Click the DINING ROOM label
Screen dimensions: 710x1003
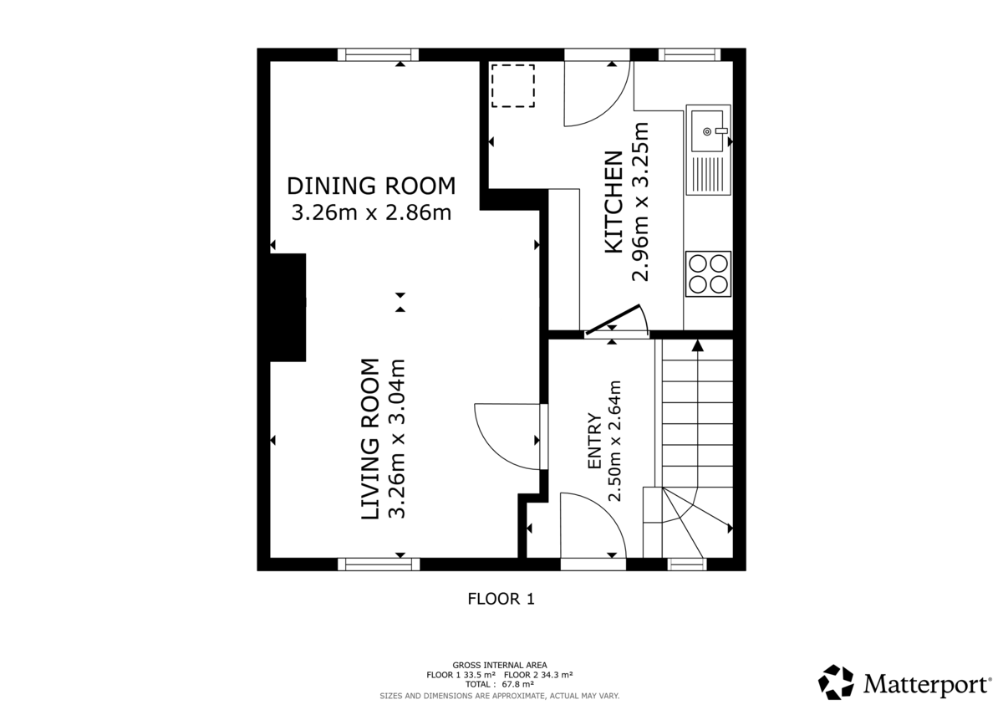pyautogui.click(x=371, y=185)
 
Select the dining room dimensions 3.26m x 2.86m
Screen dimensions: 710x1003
pyautogui.click(x=371, y=212)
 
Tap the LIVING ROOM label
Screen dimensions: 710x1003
pyautogui.click(x=369, y=440)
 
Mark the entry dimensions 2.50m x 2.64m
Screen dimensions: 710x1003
pyautogui.click(x=616, y=441)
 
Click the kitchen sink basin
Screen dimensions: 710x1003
pyautogui.click(x=708, y=130)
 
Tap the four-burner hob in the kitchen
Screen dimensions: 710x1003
pyautogui.click(x=709, y=273)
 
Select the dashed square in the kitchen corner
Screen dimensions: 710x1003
pyautogui.click(x=512, y=86)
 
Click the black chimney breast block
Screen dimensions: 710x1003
pyautogui.click(x=288, y=307)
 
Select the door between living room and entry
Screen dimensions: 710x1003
pyautogui.click(x=506, y=436)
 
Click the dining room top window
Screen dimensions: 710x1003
pyautogui.click(x=378, y=54)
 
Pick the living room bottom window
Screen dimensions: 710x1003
pyautogui.click(x=378, y=564)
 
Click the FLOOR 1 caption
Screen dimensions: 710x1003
pyautogui.click(x=500, y=599)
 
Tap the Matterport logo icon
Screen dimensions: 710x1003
pyautogui.click(x=835, y=682)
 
